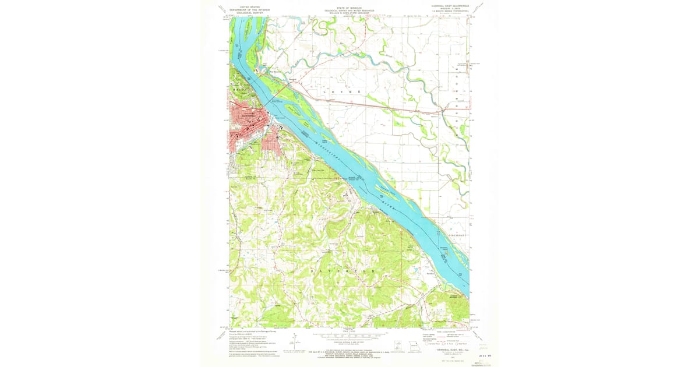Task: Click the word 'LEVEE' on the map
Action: [342, 92]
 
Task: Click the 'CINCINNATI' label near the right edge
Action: [458, 235]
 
